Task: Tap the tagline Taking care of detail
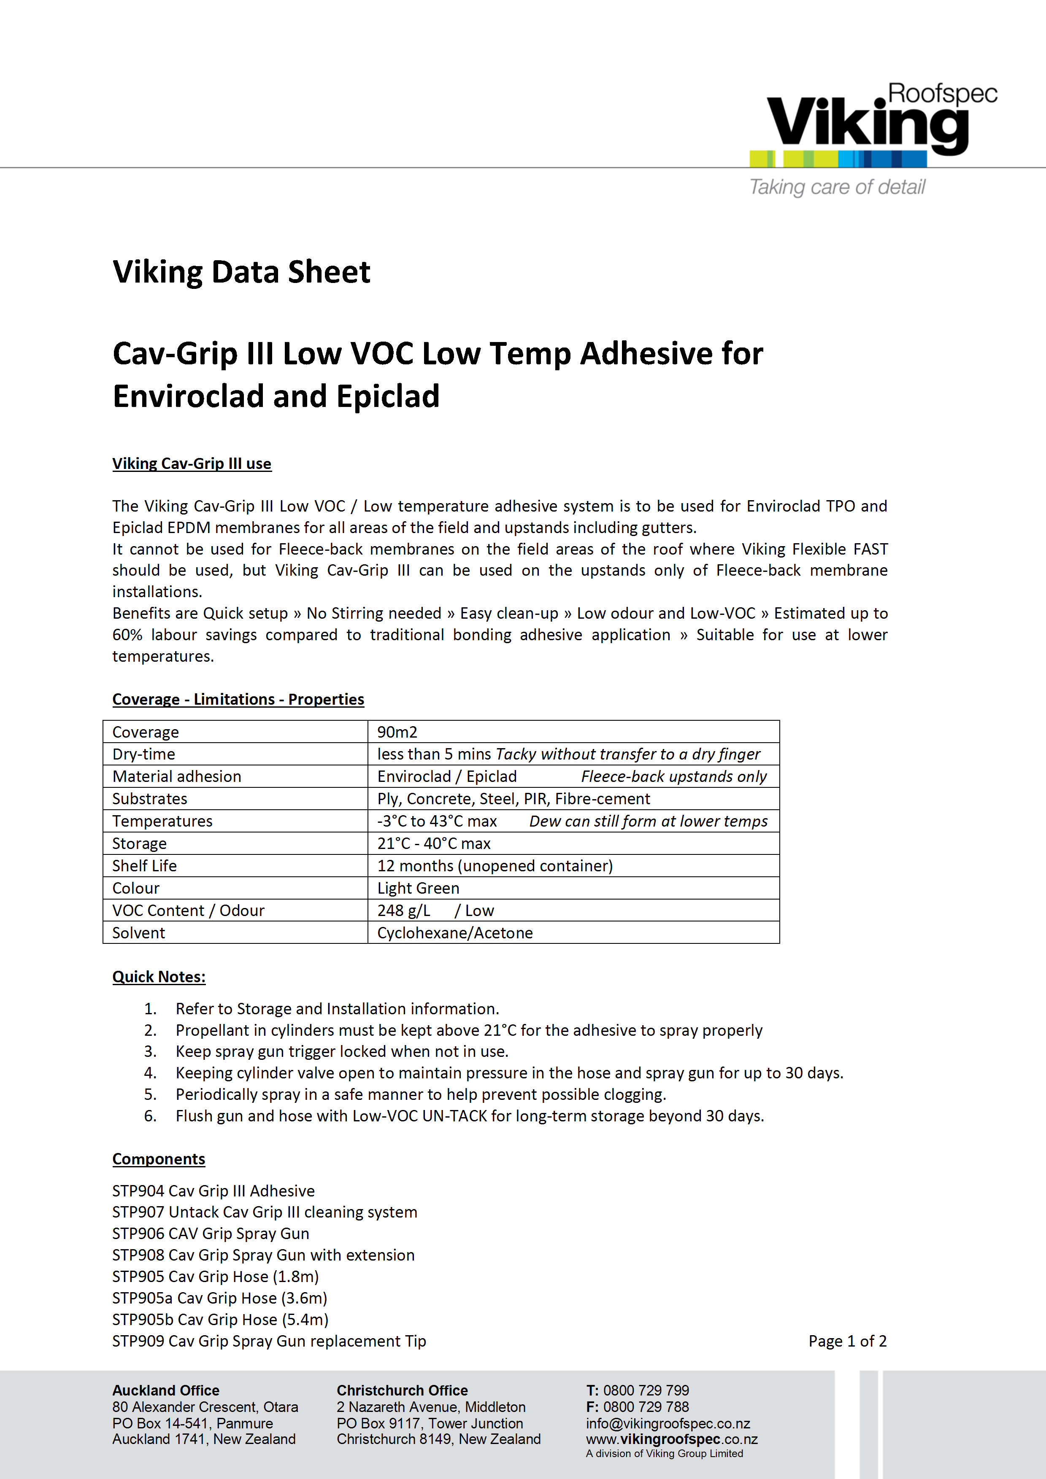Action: click(837, 187)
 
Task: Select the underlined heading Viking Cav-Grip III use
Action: click(192, 464)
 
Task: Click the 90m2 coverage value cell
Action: click(397, 732)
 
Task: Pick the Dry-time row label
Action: click(144, 754)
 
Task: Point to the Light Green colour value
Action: click(418, 888)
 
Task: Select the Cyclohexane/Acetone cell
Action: click(455, 933)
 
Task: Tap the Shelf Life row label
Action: click(144, 866)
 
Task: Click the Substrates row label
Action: click(149, 799)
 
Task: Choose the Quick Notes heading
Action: click(159, 977)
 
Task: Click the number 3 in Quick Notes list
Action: click(150, 1051)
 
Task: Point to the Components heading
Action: click(159, 1159)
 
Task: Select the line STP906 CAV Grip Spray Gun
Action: click(211, 1234)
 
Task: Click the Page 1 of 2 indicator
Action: click(848, 1341)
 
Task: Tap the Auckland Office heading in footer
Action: click(166, 1390)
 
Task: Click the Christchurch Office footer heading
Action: click(402, 1390)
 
